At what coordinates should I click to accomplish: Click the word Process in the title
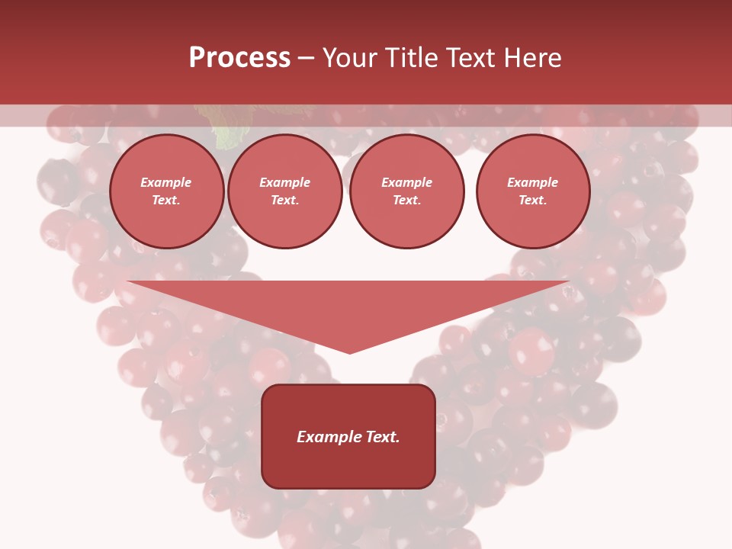pos(239,58)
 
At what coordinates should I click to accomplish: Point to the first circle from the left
pos(167,191)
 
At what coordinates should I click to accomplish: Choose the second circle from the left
pos(285,191)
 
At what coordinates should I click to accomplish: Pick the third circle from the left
pos(407,191)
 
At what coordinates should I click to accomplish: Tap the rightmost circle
pos(533,191)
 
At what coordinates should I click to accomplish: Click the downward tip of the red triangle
pos(350,352)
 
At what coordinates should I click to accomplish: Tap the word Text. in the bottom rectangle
pos(383,437)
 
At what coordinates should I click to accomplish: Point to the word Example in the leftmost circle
pos(166,182)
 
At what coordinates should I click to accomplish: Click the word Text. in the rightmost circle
pos(533,201)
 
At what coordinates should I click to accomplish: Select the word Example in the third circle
pos(407,182)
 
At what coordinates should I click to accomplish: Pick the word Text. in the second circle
pos(285,201)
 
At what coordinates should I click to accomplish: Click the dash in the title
pos(306,58)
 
